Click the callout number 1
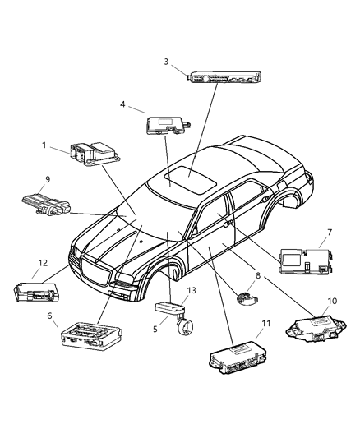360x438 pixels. coord(44,145)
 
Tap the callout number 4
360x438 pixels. coord(122,104)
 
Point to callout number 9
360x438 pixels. coord(48,179)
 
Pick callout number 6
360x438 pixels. coord(51,316)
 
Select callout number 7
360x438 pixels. coord(330,233)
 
